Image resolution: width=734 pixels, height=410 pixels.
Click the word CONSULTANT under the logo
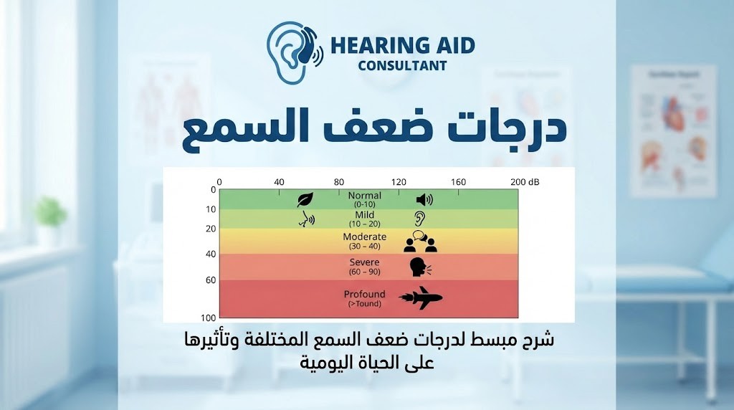tap(403, 66)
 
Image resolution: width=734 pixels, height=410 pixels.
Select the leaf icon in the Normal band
tap(305, 200)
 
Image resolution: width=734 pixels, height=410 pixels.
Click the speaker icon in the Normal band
tap(424, 200)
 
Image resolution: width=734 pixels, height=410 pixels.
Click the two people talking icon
tap(421, 242)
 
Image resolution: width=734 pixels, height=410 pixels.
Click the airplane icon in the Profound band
tap(421, 298)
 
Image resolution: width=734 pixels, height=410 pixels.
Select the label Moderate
tap(365, 237)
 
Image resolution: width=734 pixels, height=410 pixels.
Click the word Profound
tap(365, 294)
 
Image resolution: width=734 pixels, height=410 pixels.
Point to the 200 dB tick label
tap(525, 183)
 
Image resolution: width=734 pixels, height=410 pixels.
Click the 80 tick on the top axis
tap(339, 183)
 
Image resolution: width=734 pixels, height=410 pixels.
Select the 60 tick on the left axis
tap(211, 280)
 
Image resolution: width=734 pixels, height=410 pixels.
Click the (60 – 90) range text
tap(365, 272)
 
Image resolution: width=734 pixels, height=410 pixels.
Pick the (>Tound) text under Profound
tap(365, 304)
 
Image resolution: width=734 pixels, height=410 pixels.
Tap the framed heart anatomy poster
tap(673, 130)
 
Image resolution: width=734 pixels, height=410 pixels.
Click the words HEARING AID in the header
tap(402, 45)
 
